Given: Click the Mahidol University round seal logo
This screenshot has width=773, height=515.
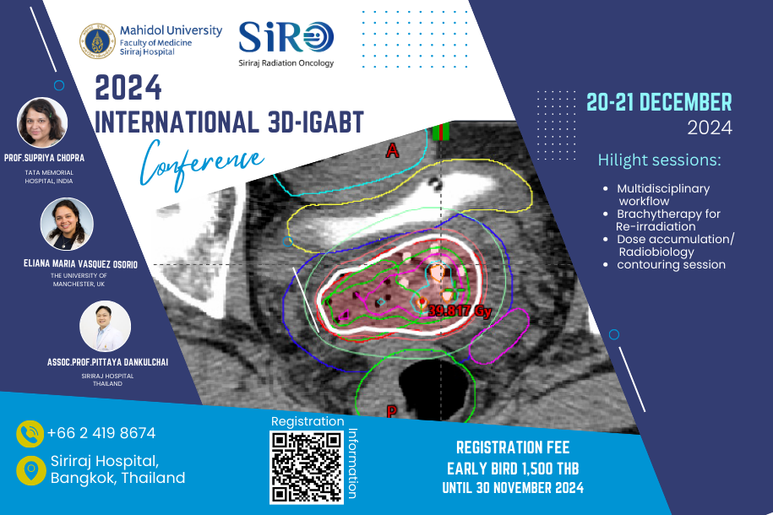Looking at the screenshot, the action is click(x=98, y=41).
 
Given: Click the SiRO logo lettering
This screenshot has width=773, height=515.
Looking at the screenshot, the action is click(x=286, y=37).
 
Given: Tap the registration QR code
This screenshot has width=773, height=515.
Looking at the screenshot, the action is click(x=306, y=467).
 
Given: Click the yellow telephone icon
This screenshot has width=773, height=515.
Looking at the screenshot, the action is click(x=30, y=434).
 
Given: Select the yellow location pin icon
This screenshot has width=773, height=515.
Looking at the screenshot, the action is click(x=31, y=470).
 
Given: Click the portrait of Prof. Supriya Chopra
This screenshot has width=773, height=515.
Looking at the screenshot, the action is click(x=42, y=122).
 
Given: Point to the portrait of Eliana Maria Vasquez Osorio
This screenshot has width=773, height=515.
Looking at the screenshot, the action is click(x=67, y=225).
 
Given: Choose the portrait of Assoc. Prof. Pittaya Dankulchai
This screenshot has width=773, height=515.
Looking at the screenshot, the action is click(x=105, y=326).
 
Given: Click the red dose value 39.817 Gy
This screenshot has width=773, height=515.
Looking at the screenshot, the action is click(x=460, y=311).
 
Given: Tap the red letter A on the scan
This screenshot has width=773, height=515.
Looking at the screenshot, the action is click(x=393, y=149).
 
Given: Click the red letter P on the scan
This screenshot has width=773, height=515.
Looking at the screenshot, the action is click(x=391, y=411).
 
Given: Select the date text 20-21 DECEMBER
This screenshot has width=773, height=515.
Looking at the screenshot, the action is click(x=659, y=102).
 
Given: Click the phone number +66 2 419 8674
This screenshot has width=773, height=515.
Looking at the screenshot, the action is click(x=101, y=433).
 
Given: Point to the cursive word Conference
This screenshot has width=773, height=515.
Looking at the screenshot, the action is click(x=201, y=164).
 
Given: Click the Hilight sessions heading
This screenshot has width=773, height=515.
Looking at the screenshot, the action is click(x=659, y=160).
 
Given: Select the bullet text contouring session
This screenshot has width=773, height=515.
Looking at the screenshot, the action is click(x=671, y=264).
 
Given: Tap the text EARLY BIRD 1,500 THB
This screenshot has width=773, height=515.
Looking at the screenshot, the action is click(x=513, y=469).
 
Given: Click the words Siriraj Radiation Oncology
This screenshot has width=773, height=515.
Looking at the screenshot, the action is click(x=286, y=63).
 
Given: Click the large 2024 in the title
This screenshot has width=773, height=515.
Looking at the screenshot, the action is click(x=128, y=88).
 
